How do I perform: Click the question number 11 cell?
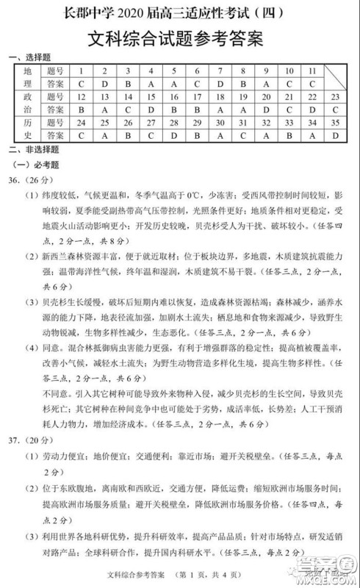(312, 71)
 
